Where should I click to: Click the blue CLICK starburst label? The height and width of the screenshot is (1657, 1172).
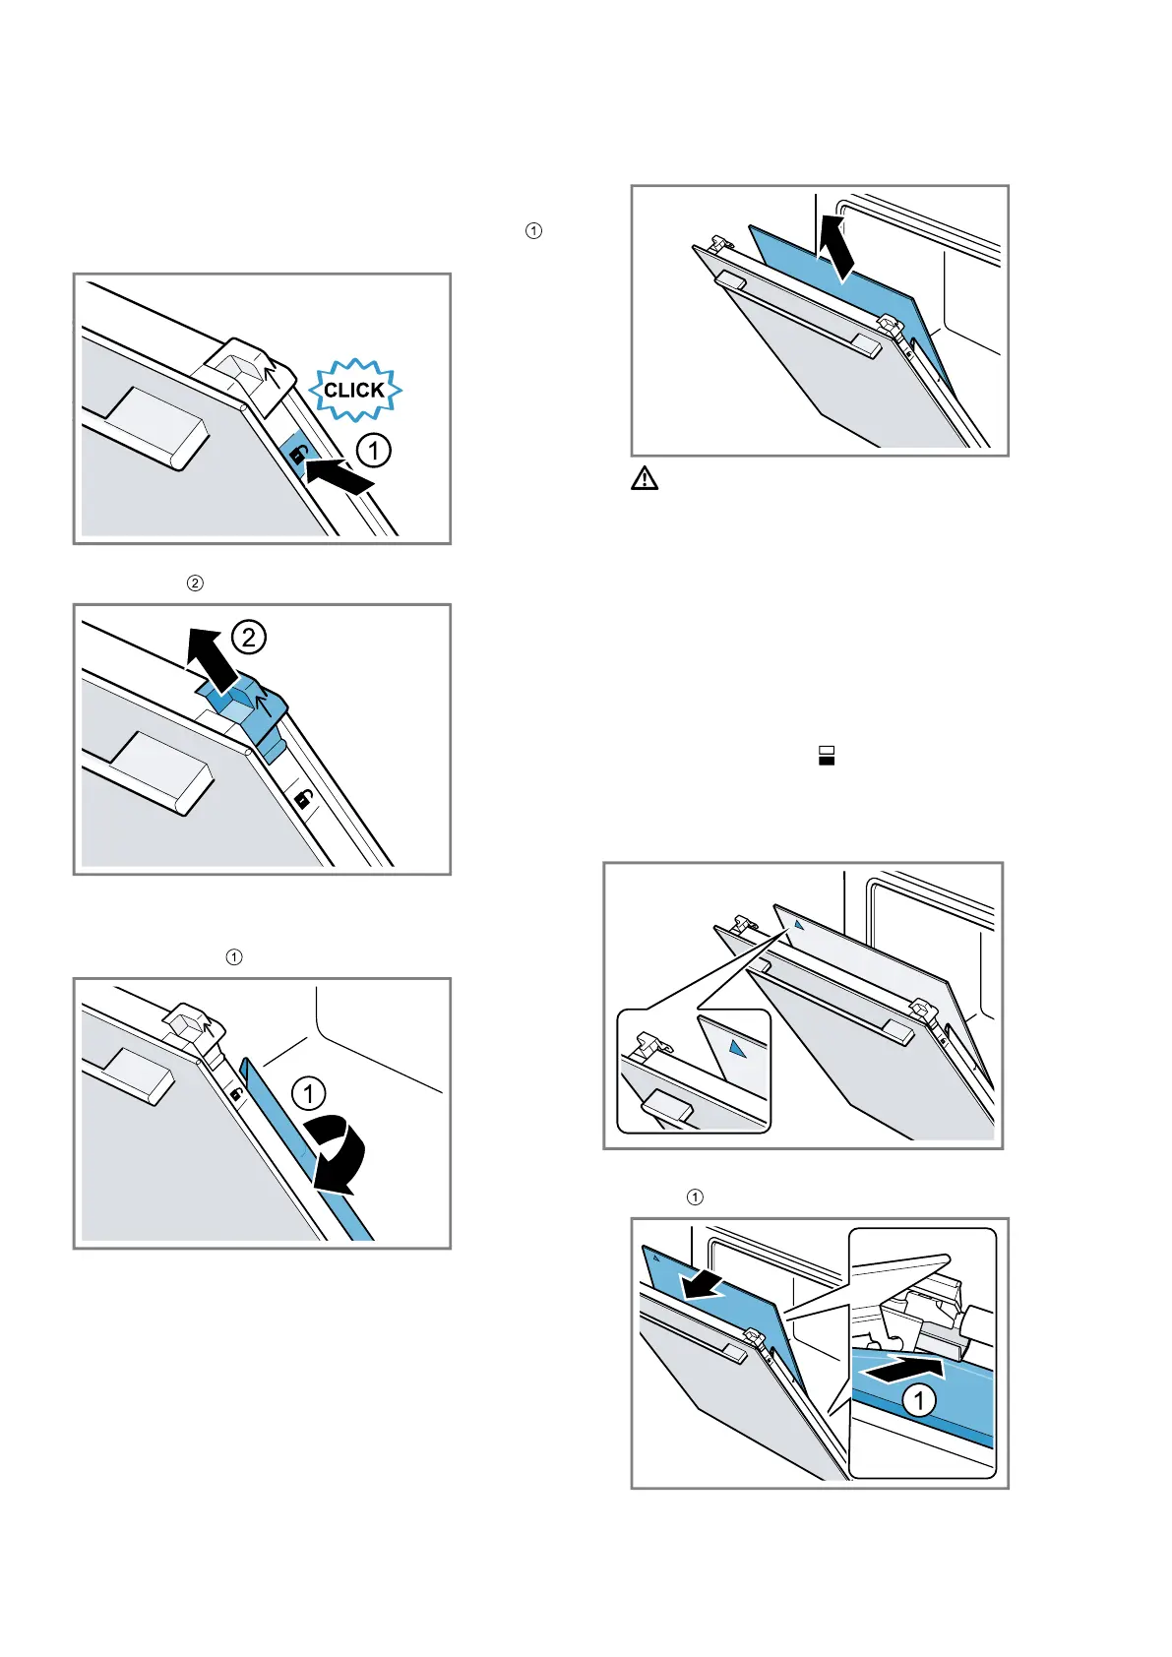[354, 391]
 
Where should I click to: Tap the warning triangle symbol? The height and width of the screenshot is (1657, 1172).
[645, 479]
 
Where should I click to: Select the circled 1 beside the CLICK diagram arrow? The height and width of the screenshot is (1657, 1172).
[373, 451]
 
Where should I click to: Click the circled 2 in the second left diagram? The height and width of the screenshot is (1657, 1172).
[249, 638]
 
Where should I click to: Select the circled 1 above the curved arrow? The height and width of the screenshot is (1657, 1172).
[309, 1093]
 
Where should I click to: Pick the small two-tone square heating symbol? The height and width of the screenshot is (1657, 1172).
[827, 756]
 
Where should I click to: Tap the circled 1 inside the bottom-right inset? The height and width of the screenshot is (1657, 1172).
[919, 1399]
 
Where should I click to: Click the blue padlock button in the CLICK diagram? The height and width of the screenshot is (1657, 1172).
[296, 454]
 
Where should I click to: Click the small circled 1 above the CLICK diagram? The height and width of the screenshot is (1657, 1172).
[533, 231]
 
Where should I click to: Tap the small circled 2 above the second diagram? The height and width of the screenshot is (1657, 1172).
[195, 583]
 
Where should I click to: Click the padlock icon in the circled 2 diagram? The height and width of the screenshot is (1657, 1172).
[304, 799]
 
